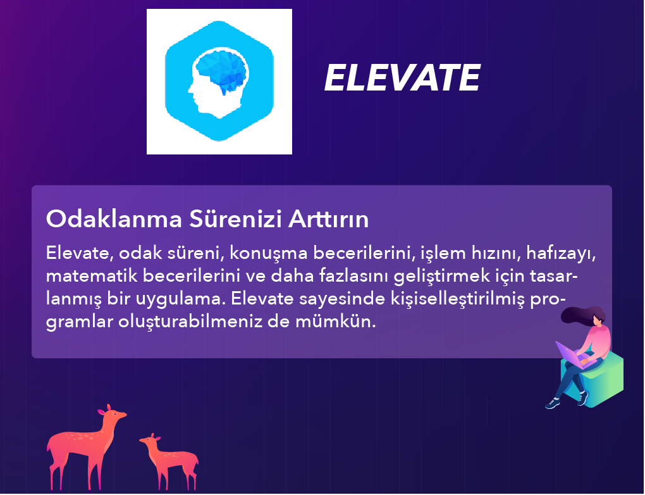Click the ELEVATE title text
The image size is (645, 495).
pyautogui.click(x=402, y=78)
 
